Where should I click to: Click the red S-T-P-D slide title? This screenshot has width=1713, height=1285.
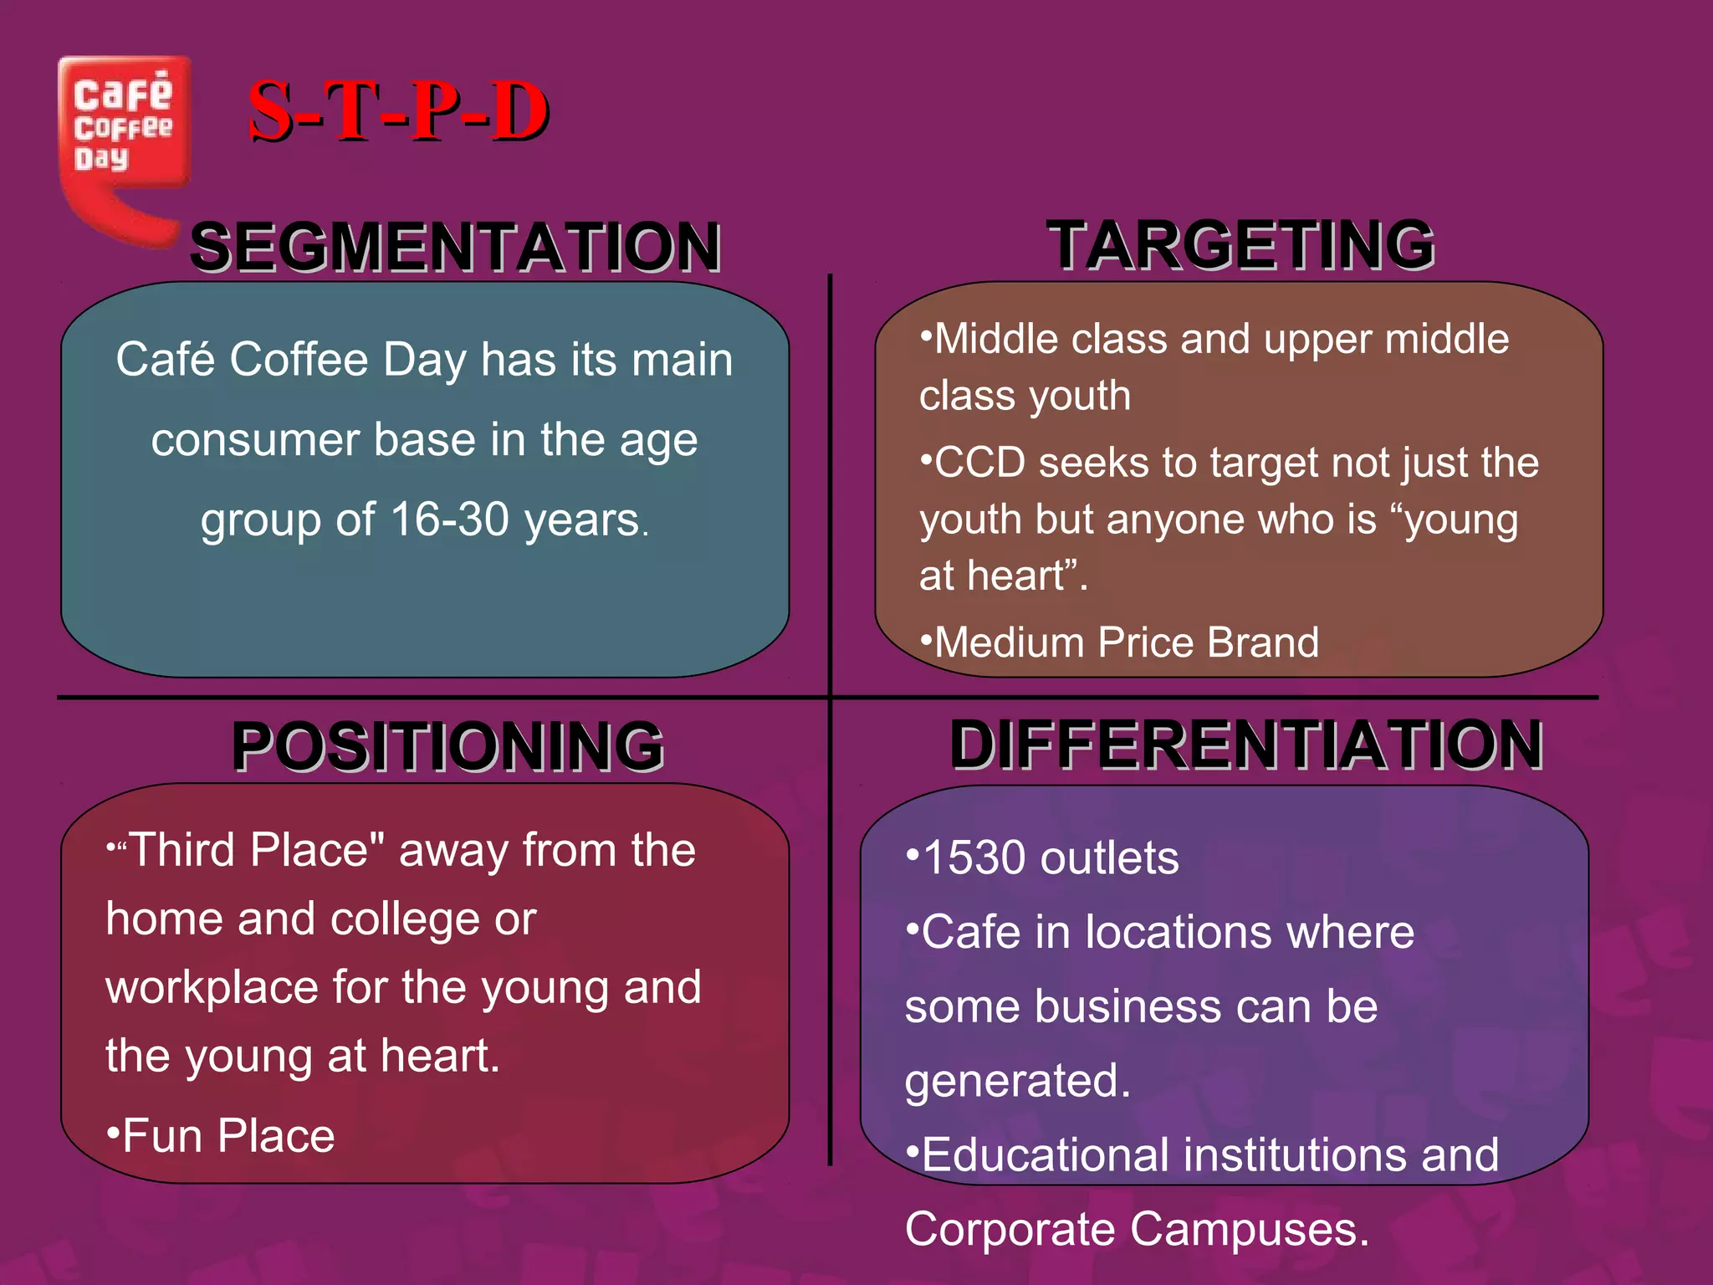tap(398, 111)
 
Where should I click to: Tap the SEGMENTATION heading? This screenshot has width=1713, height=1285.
tap(455, 247)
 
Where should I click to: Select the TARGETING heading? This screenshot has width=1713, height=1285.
tap(1241, 245)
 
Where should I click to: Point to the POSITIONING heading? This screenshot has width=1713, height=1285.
tap(447, 745)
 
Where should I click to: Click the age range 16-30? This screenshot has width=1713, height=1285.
tap(449, 520)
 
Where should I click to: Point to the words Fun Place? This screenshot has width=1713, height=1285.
tap(228, 1136)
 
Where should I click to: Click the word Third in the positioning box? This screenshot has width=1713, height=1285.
tap(182, 850)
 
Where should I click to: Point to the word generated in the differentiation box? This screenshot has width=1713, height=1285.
tap(1017, 1081)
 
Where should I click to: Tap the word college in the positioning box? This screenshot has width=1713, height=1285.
tap(405, 919)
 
